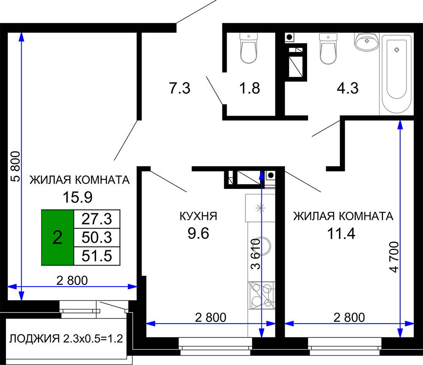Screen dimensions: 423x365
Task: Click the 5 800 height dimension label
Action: pyautogui.click(x=16, y=166)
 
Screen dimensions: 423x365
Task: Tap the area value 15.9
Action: pyautogui.click(x=78, y=197)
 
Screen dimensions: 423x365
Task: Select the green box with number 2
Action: pyautogui.click(x=58, y=238)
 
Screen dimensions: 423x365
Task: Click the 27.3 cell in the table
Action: pyautogui.click(x=97, y=219)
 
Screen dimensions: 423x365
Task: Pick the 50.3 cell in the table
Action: pyautogui.click(x=97, y=238)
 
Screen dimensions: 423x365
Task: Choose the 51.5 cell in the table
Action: pyautogui.click(x=97, y=256)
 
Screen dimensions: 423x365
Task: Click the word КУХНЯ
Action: pyautogui.click(x=198, y=216)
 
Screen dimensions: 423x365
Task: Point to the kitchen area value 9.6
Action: pyautogui.click(x=198, y=233)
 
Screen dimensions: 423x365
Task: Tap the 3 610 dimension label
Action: pyautogui.click(x=255, y=254)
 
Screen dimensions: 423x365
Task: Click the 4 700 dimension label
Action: pyautogui.click(x=394, y=257)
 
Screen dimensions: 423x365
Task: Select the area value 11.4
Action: pyautogui.click(x=341, y=234)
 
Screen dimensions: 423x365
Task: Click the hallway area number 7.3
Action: pyautogui.click(x=180, y=88)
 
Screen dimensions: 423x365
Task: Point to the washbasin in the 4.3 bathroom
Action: pyautogui.click(x=367, y=42)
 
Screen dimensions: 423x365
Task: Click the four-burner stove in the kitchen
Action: pyautogui.click(x=261, y=296)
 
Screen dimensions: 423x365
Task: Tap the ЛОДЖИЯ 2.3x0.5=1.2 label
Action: pyautogui.click(x=66, y=338)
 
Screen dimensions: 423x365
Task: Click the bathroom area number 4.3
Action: pyautogui.click(x=347, y=88)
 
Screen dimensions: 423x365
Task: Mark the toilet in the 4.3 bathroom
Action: pyautogui.click(x=328, y=49)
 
